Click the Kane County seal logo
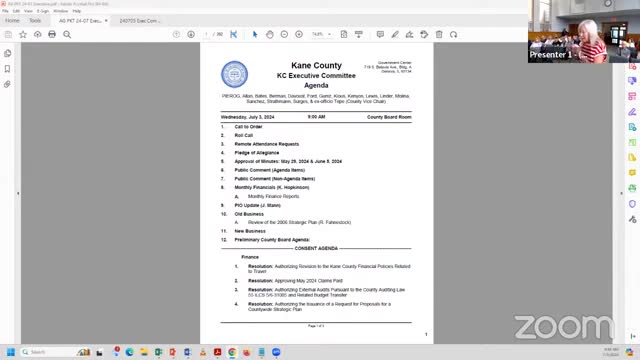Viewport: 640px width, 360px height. [234, 73]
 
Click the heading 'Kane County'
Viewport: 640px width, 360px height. [316, 66]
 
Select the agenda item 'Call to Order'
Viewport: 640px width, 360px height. [248, 127]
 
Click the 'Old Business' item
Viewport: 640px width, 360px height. [249, 213]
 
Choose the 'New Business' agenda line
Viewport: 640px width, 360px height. [250, 231]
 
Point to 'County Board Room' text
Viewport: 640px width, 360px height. [389, 117]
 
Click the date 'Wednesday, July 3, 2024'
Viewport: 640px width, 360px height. [250, 117]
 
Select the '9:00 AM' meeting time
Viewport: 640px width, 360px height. [316, 117]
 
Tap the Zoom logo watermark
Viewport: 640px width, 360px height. [564, 327]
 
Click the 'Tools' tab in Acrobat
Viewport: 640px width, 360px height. [35, 20]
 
